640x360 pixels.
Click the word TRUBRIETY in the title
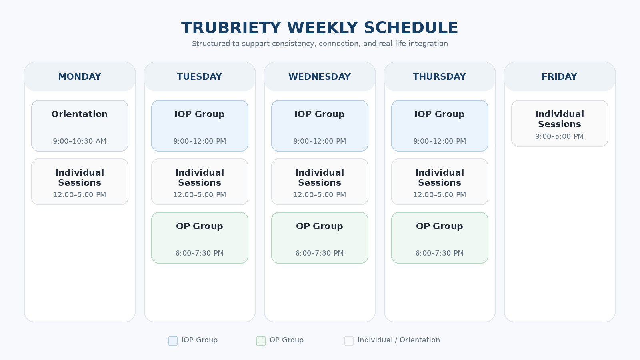tap(231, 28)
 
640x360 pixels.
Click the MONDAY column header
tap(80, 76)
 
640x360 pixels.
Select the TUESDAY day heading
tap(200, 76)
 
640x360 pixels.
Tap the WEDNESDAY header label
tap(320, 76)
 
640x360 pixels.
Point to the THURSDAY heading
tap(440, 76)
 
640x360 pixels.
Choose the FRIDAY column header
tap(560, 76)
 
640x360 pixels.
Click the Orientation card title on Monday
tap(80, 114)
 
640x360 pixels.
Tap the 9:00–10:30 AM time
tap(80, 141)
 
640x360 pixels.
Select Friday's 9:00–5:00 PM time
tap(560, 136)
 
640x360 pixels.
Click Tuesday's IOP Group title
tap(200, 114)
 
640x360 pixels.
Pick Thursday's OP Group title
tap(440, 226)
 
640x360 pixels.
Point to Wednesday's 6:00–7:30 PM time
tap(320, 253)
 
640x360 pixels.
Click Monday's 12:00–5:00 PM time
tap(80, 195)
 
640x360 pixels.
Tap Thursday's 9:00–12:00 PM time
tap(440, 141)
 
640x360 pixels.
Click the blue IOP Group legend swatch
tap(173, 341)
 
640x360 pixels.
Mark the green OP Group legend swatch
tap(261, 341)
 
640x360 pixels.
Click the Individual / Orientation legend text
tap(399, 340)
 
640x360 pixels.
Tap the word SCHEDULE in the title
tap(411, 28)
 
